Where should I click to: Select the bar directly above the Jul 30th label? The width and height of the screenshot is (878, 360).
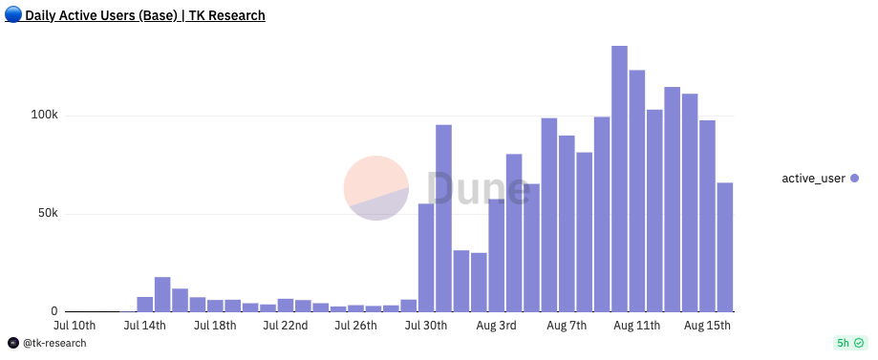tap(426, 258)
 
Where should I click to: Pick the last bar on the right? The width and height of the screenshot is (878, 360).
tap(725, 247)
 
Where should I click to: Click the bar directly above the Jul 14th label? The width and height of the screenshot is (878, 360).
tap(145, 305)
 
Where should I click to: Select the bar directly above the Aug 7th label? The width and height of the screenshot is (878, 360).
tap(567, 223)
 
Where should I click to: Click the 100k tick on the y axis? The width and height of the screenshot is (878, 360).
tap(46, 116)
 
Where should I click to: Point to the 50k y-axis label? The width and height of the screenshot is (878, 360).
tap(49, 214)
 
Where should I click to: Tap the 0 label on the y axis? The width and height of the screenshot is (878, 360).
tap(54, 311)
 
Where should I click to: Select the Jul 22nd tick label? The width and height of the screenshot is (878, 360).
tap(286, 327)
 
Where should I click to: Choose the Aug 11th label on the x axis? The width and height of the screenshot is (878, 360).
tap(637, 327)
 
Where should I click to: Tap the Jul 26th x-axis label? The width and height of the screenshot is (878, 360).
tap(356, 327)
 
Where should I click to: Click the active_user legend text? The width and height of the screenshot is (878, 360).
tap(813, 179)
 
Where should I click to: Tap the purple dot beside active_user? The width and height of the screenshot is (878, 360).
tap(854, 179)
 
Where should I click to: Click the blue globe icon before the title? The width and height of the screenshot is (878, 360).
tap(13, 15)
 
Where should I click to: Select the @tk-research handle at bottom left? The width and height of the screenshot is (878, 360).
tap(54, 344)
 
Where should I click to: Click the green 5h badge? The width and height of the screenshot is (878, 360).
tap(850, 343)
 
